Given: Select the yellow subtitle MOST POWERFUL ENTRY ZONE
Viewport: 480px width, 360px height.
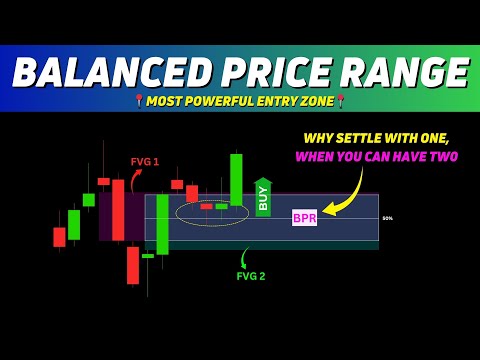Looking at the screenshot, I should click(x=240, y=102).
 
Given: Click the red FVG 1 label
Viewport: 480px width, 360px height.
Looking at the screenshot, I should click(x=145, y=161).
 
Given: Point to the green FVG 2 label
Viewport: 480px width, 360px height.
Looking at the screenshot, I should click(x=251, y=276).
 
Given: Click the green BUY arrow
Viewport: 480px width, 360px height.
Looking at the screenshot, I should click(x=263, y=197).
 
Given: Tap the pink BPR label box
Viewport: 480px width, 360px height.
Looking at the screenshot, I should click(x=304, y=217).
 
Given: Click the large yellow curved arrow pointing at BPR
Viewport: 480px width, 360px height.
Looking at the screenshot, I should click(x=350, y=195).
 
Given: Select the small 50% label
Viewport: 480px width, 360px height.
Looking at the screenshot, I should click(x=387, y=218).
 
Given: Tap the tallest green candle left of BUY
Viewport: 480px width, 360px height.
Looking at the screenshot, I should click(x=236, y=179).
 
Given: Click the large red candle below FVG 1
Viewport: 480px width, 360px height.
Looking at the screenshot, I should click(x=118, y=210).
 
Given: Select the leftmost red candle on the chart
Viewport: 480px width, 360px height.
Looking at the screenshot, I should click(x=59, y=237).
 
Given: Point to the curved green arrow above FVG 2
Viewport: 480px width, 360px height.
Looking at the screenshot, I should click(x=245, y=257).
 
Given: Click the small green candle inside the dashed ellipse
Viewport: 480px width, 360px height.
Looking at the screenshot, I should click(x=221, y=206).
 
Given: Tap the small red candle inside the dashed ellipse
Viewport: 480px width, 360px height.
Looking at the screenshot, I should click(x=206, y=206).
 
